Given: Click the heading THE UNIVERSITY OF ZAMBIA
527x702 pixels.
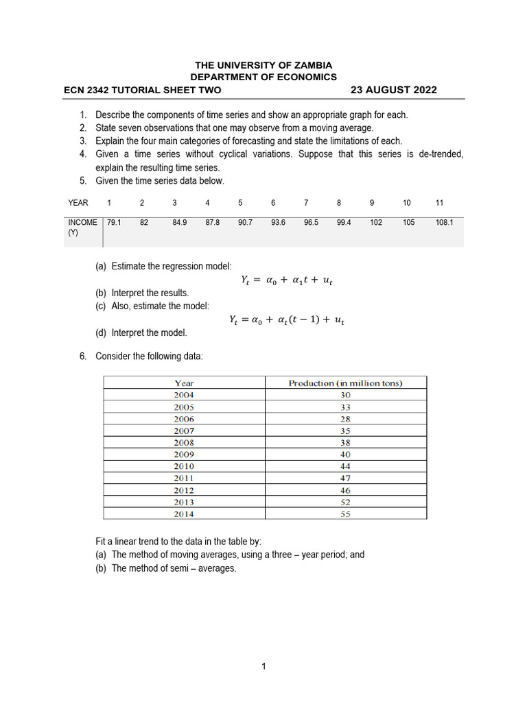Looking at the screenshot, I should point(263,65).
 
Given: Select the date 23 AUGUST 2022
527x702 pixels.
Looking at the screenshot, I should point(393,90).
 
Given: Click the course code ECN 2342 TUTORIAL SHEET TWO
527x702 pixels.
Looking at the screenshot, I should point(142,90).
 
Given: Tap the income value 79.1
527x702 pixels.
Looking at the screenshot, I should point(114,223).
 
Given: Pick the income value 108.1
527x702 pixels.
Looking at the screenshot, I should point(444,223).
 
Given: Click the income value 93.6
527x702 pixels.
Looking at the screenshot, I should point(278,223).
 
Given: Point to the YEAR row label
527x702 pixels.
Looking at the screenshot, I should point(78,203).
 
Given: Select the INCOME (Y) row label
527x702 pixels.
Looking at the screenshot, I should point(82,228).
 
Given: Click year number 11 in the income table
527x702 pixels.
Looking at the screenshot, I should point(440,203).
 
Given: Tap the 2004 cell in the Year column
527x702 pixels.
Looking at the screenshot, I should point(184,395).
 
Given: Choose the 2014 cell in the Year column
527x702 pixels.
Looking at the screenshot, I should point(184,513).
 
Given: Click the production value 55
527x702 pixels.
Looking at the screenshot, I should point(345,513).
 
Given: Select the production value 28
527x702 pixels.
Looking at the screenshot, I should point(345,419).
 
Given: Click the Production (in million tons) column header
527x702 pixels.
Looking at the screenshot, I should point(345,383).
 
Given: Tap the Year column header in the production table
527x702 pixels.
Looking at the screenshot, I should point(184,383).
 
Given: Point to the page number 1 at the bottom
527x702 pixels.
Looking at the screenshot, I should point(263,666).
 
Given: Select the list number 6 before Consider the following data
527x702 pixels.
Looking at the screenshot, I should point(82,356).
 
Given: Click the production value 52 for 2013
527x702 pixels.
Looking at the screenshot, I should point(345,502).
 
